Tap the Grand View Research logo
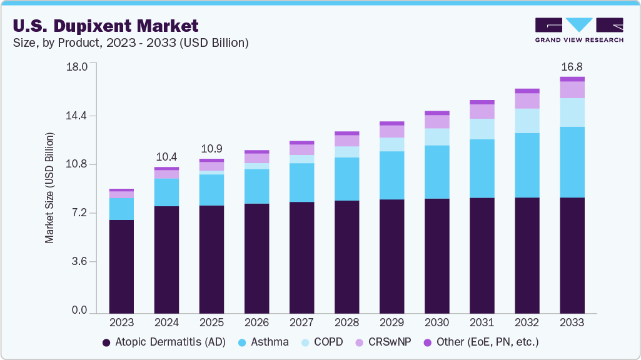coord(579,30)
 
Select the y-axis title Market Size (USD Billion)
coord(49,188)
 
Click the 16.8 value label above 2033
coord(572,66)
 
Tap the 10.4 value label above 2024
coord(166,156)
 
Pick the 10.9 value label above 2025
coord(211,149)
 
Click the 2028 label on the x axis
coord(346,322)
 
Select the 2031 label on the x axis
coord(482,322)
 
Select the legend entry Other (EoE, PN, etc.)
coord(480,342)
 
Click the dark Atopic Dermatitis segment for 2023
coord(121,266)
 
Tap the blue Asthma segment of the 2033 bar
coord(572,162)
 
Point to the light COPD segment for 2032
coord(527,121)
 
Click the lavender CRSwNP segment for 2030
coord(437,122)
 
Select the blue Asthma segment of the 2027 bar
coord(301,182)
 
